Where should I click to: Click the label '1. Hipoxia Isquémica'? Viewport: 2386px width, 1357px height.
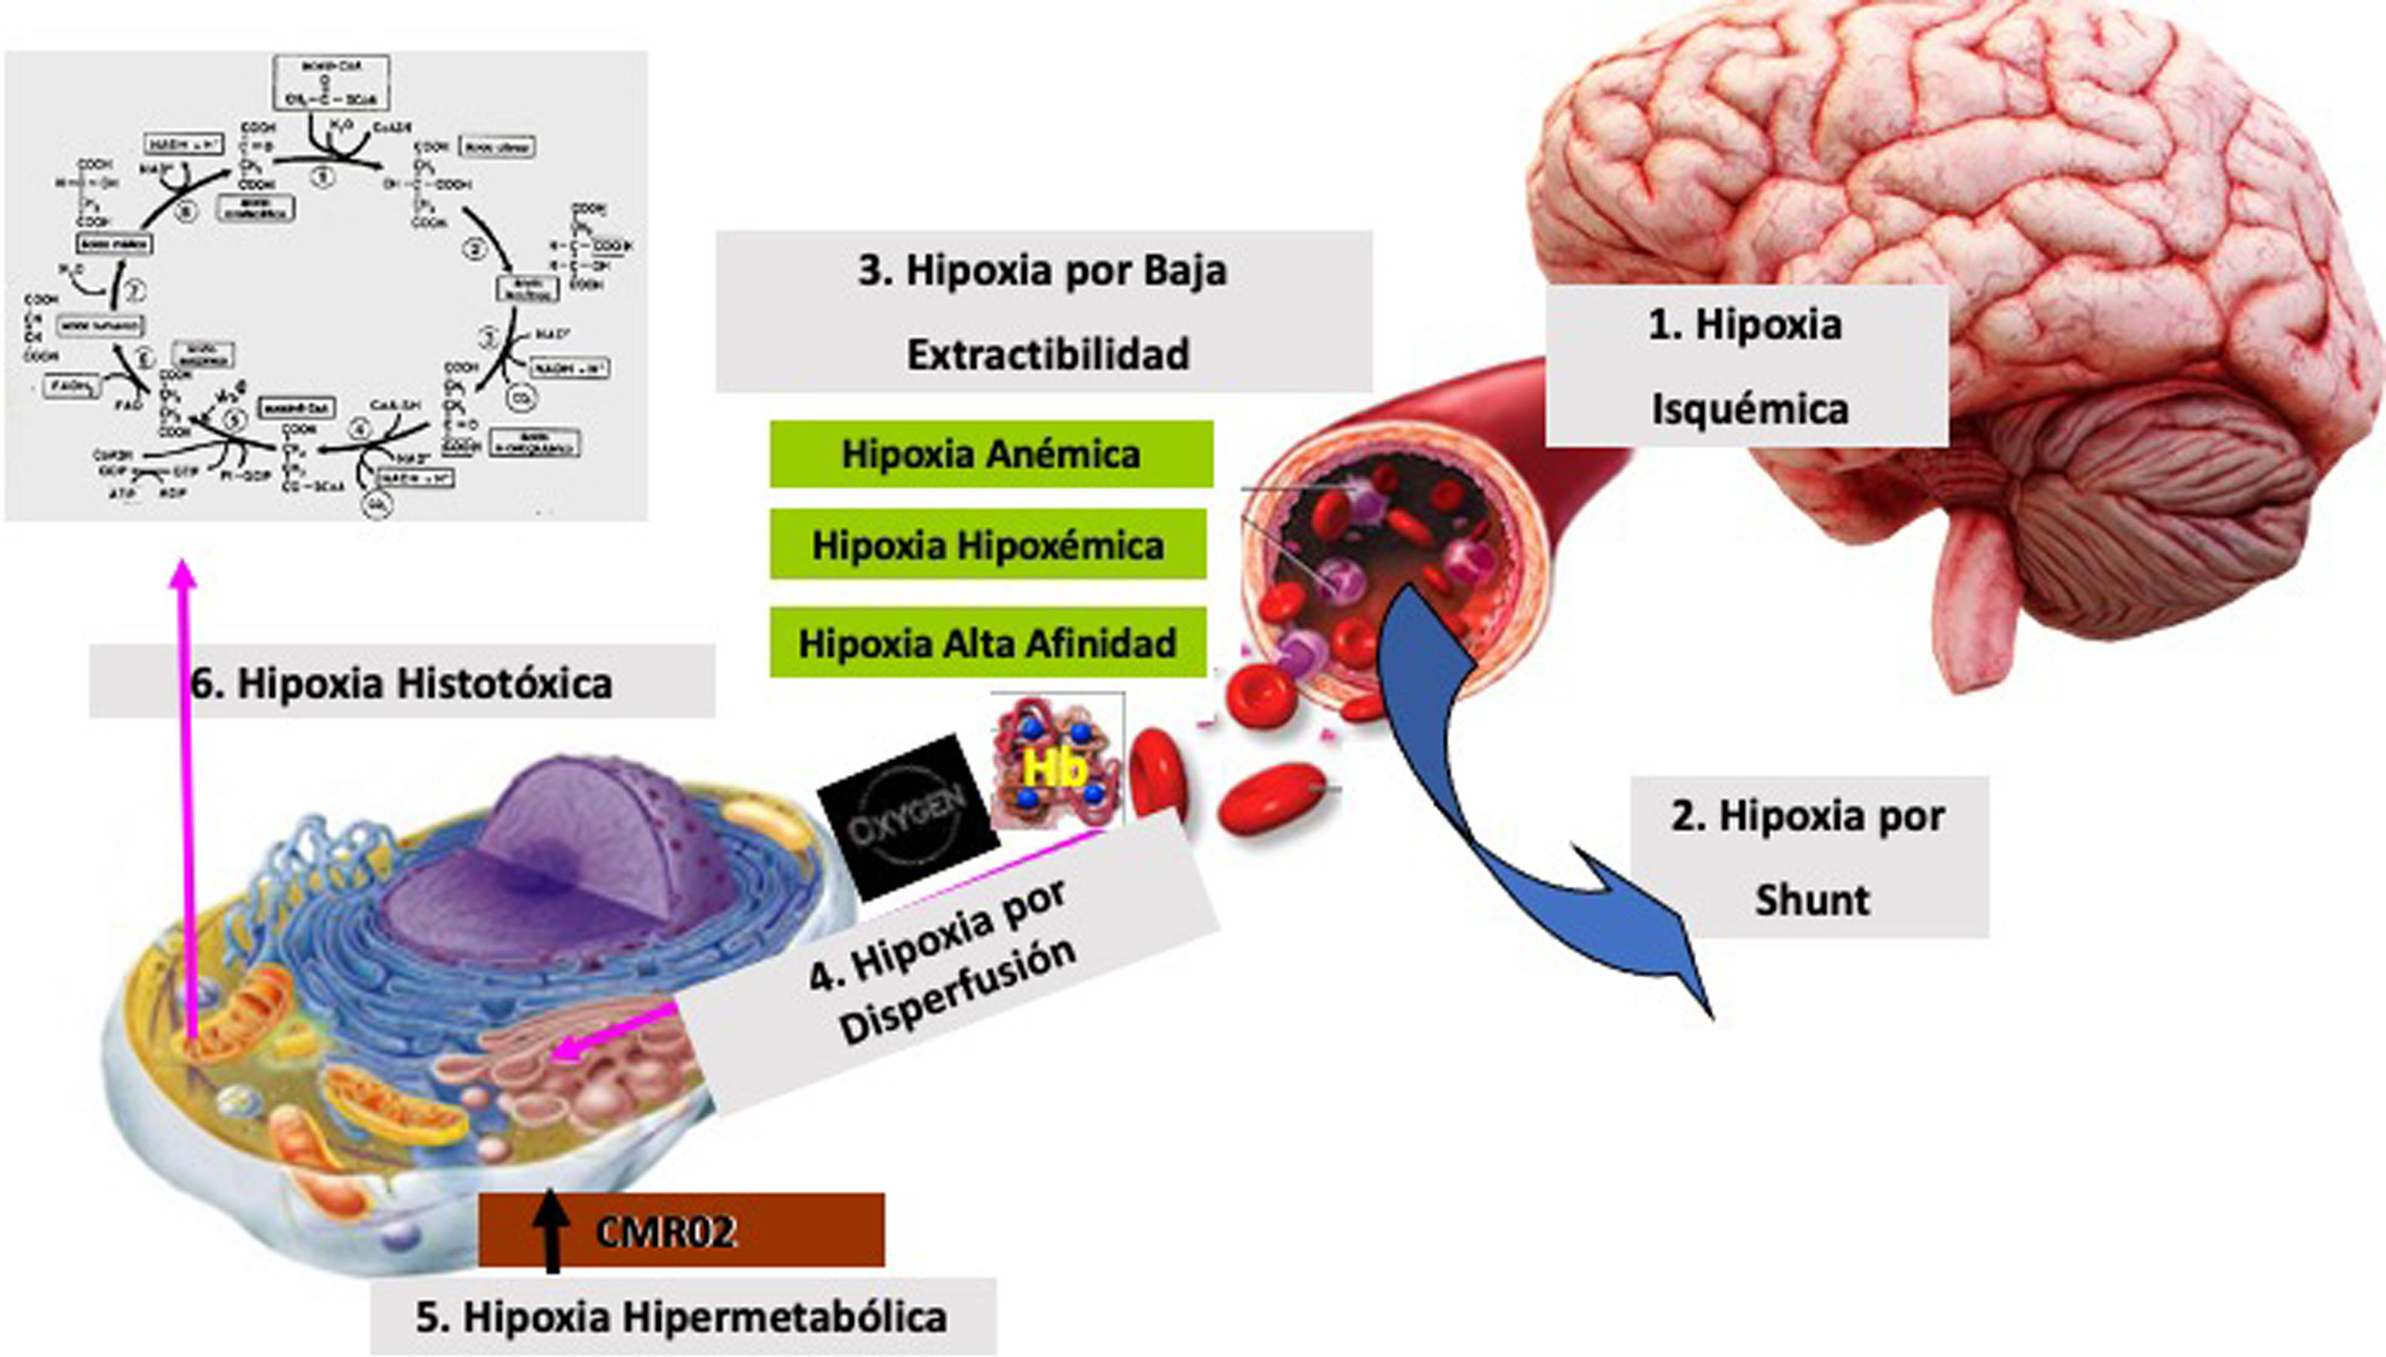(1748, 366)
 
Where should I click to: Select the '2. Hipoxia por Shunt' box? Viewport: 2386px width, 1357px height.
(1808, 857)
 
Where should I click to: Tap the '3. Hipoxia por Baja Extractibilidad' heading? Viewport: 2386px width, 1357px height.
(1043, 311)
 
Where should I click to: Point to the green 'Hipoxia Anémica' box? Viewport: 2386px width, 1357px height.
(991, 454)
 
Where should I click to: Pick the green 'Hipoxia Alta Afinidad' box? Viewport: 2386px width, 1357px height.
(988, 642)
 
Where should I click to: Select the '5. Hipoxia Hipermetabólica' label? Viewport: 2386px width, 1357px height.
(682, 1316)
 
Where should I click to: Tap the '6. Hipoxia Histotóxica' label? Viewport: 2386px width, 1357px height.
(402, 682)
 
